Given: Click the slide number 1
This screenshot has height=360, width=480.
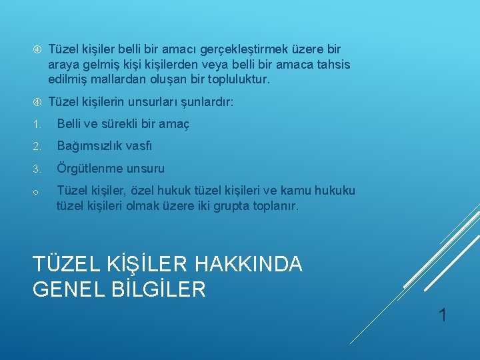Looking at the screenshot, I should (442, 315).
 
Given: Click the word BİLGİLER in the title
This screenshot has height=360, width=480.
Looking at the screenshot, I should (163, 289).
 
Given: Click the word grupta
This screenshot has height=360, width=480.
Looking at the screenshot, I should (229, 206).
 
